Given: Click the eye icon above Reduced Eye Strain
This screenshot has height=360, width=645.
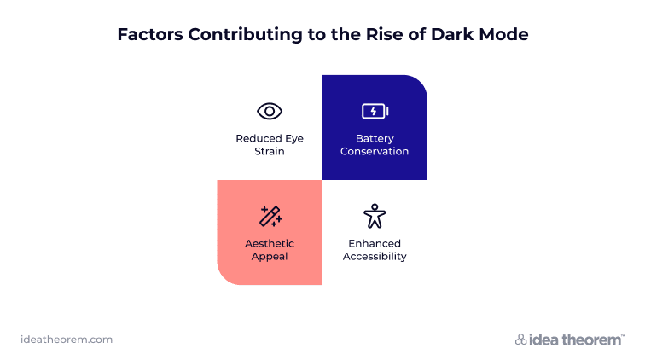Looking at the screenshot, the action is (270, 111).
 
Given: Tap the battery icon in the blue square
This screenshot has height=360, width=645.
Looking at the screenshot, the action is (375, 111).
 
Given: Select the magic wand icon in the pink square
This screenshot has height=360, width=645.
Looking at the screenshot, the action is (270, 217).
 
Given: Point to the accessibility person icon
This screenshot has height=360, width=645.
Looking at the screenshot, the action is (375, 216).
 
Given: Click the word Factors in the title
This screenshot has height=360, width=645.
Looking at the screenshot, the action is (150, 35).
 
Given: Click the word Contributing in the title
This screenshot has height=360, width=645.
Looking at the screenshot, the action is (245, 35).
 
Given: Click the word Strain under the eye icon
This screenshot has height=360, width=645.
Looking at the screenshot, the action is (270, 151).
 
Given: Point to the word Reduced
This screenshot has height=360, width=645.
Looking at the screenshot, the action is (259, 139).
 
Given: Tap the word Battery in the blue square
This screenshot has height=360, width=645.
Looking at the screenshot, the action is (375, 139).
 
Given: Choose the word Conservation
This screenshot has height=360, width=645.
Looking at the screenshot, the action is (375, 151).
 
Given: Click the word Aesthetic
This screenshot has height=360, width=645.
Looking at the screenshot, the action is (270, 244).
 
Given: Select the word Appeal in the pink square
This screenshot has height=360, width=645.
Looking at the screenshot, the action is (270, 257).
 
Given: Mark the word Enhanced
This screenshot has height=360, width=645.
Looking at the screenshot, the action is (375, 244).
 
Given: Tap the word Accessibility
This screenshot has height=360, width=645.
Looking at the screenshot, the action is (375, 257).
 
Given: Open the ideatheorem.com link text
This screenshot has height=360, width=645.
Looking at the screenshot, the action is (67, 340).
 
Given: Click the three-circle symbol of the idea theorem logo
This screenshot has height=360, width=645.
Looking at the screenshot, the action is (520, 340).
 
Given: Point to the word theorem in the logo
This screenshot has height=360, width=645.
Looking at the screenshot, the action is (591, 340).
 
